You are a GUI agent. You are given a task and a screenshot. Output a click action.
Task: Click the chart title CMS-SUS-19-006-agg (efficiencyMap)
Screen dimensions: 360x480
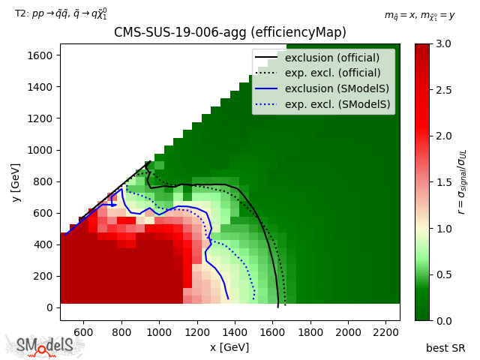(x=229, y=32)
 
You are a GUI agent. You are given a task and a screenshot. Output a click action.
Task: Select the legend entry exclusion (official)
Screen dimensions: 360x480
(x=332, y=58)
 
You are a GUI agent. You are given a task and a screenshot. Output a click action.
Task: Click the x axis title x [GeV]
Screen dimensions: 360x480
(x=229, y=347)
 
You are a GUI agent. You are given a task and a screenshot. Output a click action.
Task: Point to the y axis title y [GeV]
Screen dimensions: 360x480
(x=14, y=181)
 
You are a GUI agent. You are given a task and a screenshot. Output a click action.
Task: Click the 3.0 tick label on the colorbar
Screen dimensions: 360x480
(x=443, y=43)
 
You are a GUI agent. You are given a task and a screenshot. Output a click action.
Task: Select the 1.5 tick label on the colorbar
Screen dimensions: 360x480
(x=443, y=182)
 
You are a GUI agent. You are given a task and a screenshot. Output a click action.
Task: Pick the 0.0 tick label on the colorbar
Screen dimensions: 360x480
(x=443, y=320)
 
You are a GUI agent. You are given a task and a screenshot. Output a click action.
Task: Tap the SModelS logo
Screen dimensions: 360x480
(x=45, y=346)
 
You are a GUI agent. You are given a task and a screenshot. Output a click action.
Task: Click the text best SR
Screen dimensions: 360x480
(x=445, y=348)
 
